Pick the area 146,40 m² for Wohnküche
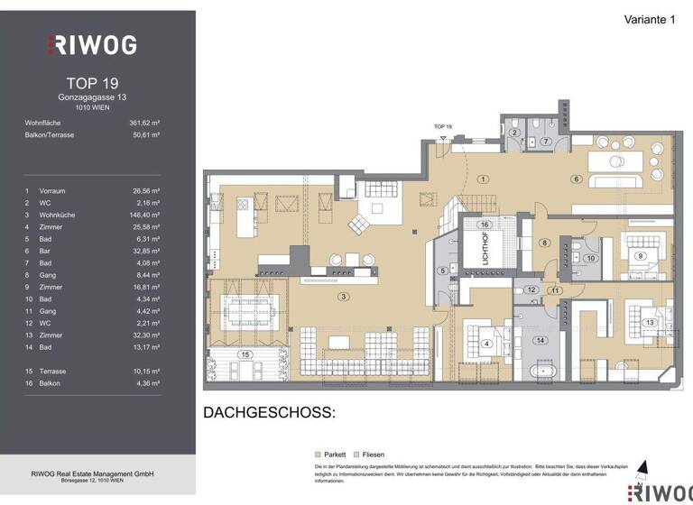click(145, 215)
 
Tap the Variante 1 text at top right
click(650, 19)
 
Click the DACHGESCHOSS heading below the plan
click(269, 413)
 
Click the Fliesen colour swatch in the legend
click(357, 454)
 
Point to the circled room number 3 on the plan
click(342, 296)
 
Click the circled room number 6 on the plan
click(575, 179)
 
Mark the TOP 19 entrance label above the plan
click(442, 127)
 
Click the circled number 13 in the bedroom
click(648, 322)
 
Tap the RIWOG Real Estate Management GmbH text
click(92, 474)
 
